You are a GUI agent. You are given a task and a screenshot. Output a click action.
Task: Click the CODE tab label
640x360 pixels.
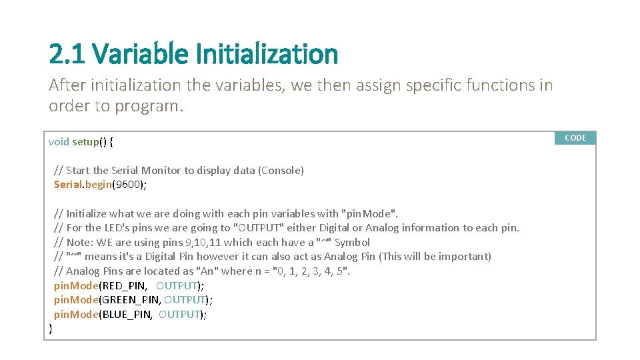(575, 138)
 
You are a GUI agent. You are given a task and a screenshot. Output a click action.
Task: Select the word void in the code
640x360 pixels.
(59, 141)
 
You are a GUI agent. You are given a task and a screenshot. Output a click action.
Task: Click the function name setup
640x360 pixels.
(85, 141)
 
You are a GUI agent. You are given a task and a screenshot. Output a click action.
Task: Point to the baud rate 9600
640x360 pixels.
(127, 185)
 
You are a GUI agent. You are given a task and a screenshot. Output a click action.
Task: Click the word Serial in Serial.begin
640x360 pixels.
(67, 185)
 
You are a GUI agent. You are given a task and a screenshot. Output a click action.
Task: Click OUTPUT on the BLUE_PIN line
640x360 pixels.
(179, 314)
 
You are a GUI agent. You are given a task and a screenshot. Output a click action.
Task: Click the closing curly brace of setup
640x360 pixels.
(51, 328)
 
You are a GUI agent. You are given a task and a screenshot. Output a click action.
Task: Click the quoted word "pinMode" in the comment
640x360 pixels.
(369, 213)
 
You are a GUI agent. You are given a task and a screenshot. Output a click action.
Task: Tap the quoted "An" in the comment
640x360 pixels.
(206, 271)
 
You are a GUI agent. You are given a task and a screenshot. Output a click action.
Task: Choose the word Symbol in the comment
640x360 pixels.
(352, 242)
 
